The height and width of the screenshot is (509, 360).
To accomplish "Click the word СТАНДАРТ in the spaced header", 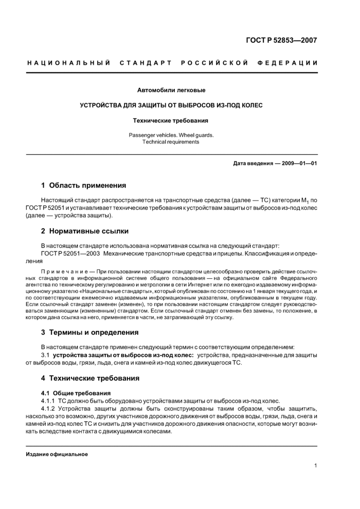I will click(146, 62).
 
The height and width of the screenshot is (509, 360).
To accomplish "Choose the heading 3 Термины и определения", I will click(90, 332).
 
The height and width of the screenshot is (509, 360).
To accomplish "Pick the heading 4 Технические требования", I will click(90, 378).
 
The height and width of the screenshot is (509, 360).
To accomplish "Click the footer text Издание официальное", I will click(57, 454).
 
